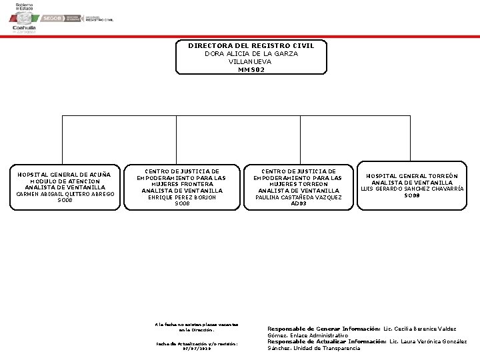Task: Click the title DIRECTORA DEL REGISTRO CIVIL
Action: [251, 46]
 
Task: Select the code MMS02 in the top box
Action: [251, 69]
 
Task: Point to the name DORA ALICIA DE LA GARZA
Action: [251, 54]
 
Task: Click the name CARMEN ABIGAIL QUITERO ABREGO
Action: [65, 194]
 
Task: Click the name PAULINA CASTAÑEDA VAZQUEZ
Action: [299, 197]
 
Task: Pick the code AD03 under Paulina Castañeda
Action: [299, 203]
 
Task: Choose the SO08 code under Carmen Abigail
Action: [65, 200]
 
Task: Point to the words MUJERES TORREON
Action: [299, 185]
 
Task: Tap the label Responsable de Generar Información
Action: [323, 329]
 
